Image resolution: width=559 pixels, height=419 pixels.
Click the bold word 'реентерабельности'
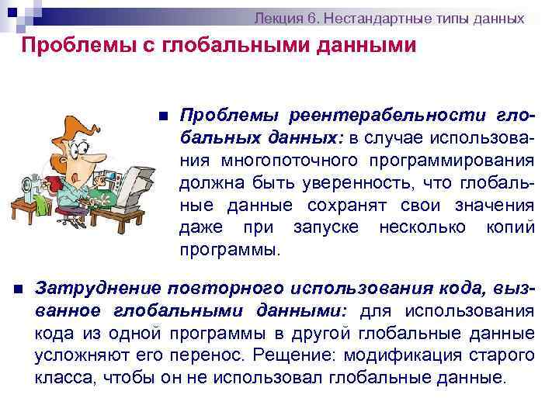pos(391,116)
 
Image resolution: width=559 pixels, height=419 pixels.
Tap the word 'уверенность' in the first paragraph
pos(387,183)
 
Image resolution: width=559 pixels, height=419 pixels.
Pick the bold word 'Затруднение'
pos(98,288)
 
